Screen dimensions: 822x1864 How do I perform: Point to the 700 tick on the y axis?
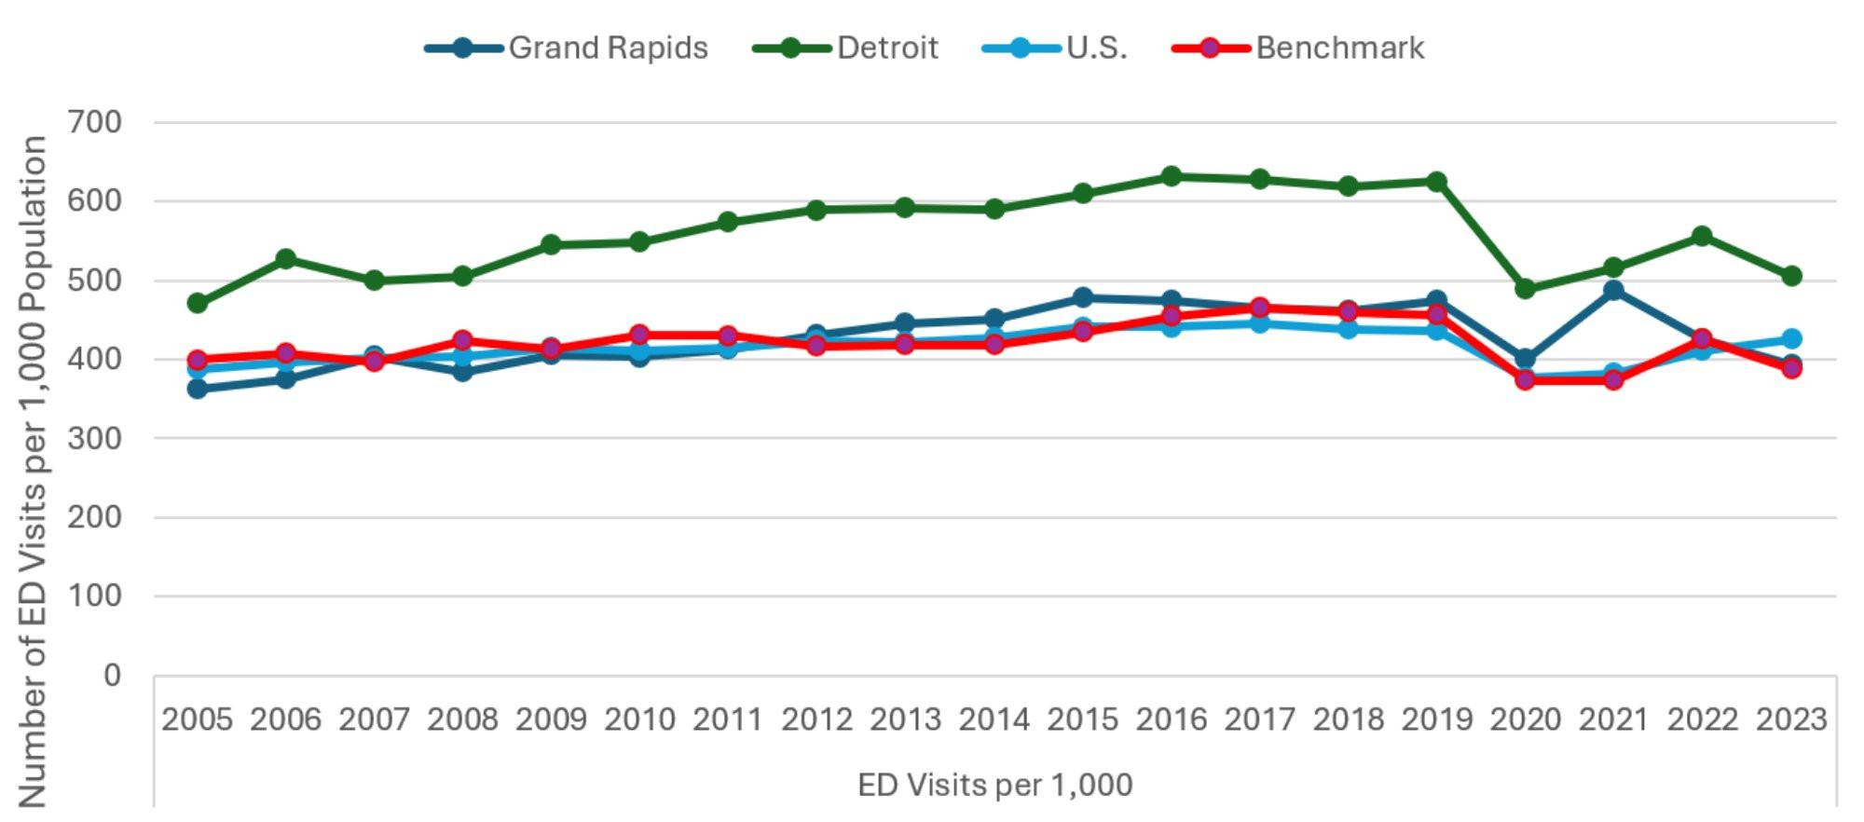pyautogui.click(x=94, y=122)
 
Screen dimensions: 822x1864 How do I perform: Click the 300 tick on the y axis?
pyautogui.click(x=94, y=438)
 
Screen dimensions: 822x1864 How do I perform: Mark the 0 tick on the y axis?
pyautogui.click(x=112, y=675)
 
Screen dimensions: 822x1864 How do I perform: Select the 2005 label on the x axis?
pyautogui.click(x=197, y=719)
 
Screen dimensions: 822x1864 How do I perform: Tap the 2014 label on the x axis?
pyautogui.click(x=994, y=719)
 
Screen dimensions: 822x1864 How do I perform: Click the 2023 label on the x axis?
pyautogui.click(x=1791, y=719)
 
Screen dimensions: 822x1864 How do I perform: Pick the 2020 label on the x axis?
pyautogui.click(x=1526, y=719)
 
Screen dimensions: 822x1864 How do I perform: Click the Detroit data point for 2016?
pyautogui.click(x=1172, y=176)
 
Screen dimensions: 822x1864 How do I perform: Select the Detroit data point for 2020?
pyautogui.click(x=1526, y=289)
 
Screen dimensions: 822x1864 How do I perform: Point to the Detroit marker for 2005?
pyautogui.click(x=197, y=303)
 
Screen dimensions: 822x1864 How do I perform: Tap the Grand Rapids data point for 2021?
pyautogui.click(x=1613, y=291)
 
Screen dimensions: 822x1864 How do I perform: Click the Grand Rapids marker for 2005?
pyautogui.click(x=197, y=389)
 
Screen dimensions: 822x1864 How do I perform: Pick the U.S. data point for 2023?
pyautogui.click(x=1791, y=338)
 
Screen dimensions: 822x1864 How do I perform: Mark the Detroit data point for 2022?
pyautogui.click(x=1702, y=236)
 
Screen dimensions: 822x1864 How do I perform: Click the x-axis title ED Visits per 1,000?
pyautogui.click(x=994, y=785)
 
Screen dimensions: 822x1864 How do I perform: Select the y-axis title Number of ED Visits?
pyautogui.click(x=33, y=471)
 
